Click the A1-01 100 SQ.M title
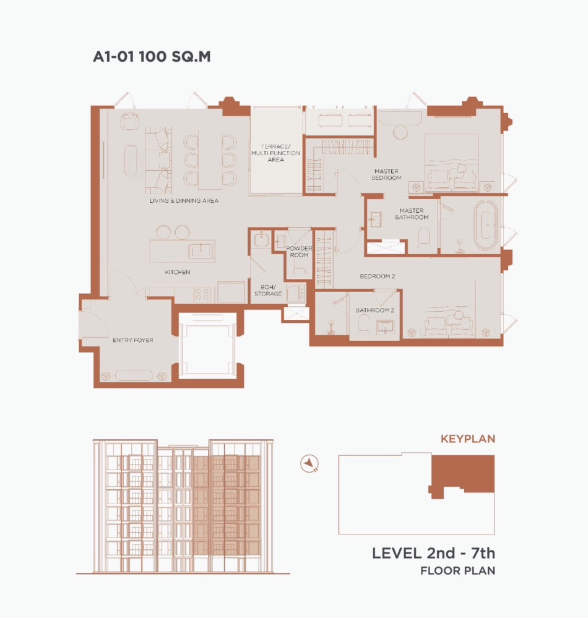click(x=152, y=56)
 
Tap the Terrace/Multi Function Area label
click(x=275, y=153)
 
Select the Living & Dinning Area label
click(x=184, y=200)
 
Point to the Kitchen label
click(x=178, y=272)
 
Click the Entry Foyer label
click(x=133, y=340)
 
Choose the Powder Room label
click(x=299, y=251)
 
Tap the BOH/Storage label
click(x=268, y=291)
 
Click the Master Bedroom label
click(x=386, y=174)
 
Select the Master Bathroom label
click(x=412, y=214)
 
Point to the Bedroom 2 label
click(x=378, y=277)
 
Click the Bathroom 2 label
click(x=374, y=310)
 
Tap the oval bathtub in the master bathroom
click(x=486, y=225)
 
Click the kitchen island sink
click(x=201, y=251)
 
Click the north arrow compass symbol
click(x=309, y=463)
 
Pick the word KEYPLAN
click(x=468, y=439)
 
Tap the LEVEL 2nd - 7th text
click(x=433, y=554)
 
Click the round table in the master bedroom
click(x=400, y=132)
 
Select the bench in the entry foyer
click(x=134, y=376)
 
